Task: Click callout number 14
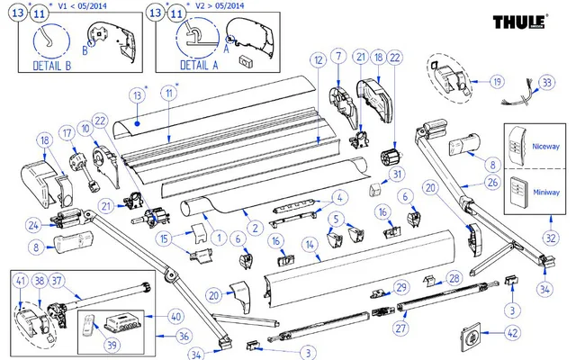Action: click(309, 244)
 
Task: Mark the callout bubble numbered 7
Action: click(337, 57)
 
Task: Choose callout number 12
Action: click(318, 59)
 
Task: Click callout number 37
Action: click(83, 281)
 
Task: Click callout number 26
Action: click(491, 183)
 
